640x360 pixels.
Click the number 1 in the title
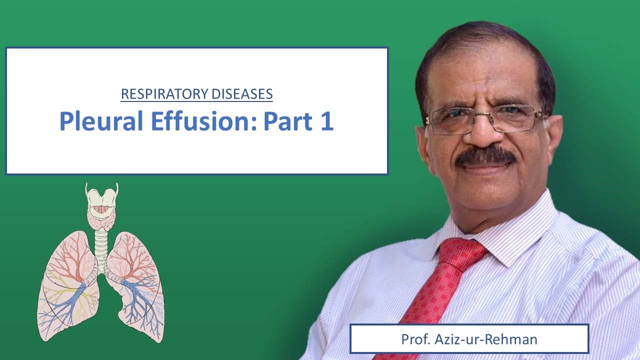[325, 121]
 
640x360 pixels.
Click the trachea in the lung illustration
[101, 245]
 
